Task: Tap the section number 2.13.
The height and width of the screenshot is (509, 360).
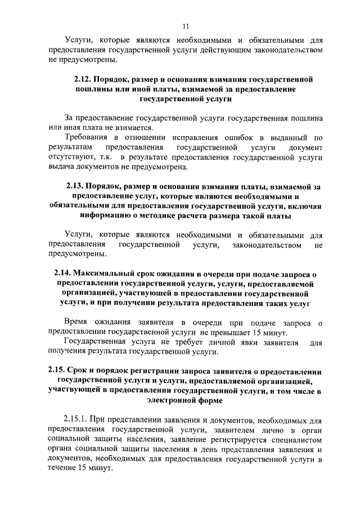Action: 75,186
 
